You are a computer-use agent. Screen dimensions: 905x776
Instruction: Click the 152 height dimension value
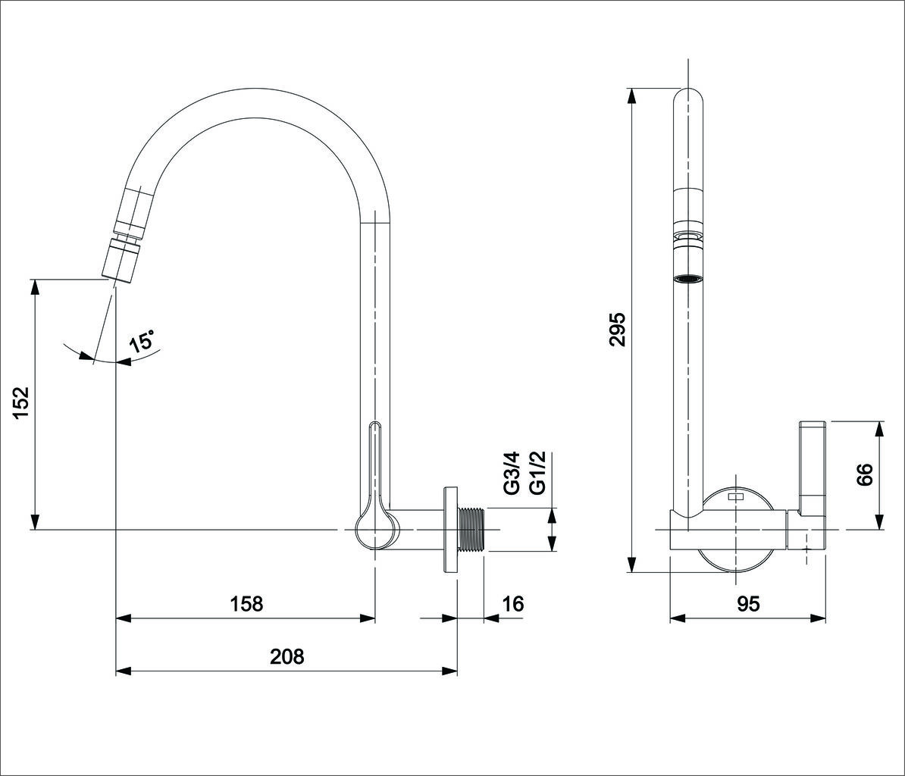pos(21,402)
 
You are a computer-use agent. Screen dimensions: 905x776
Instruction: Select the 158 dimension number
pos(246,603)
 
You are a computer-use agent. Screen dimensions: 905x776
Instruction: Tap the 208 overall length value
pos(287,656)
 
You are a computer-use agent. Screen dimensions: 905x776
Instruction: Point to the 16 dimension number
pos(512,603)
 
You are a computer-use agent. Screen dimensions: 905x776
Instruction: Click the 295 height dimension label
pos(618,330)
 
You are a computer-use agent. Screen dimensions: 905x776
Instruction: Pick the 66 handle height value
pos(864,475)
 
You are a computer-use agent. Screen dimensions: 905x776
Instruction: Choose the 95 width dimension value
pos(748,603)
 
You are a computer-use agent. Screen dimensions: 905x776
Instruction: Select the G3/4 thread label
pos(512,473)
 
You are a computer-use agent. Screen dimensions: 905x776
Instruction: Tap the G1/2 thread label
pos(537,473)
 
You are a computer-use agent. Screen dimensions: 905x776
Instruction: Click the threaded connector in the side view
pos(472,530)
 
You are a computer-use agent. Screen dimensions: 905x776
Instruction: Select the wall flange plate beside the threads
pos(450,530)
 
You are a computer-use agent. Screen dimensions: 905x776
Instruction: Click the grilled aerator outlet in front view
pos(688,279)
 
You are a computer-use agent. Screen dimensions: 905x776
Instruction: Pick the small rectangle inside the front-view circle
pos(736,496)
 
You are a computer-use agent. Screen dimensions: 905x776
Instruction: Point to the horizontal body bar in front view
pos(749,529)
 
